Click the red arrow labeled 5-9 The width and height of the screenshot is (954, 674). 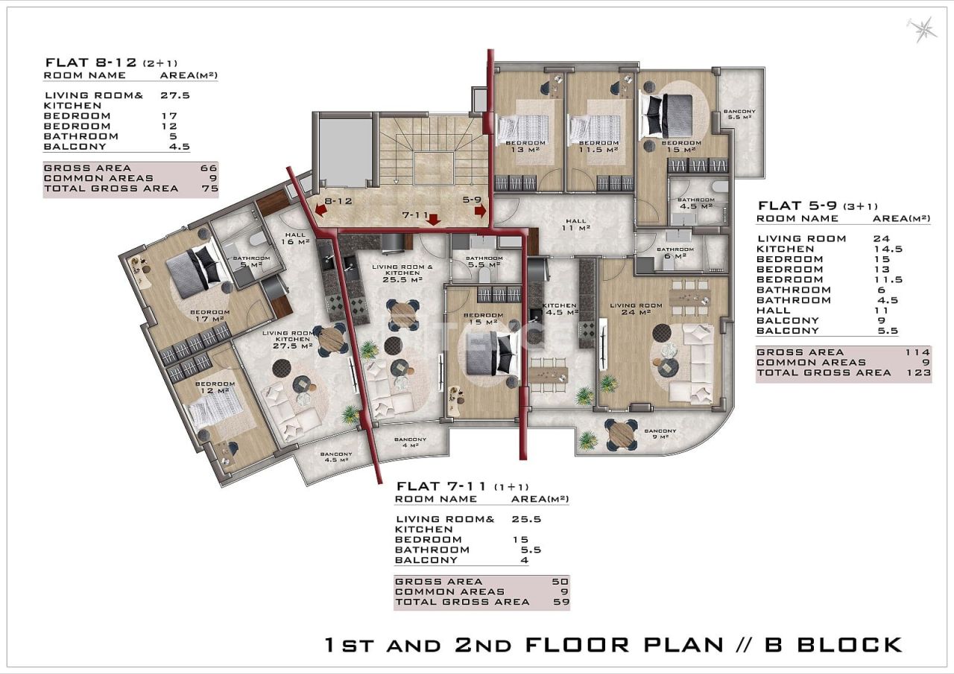[480, 211]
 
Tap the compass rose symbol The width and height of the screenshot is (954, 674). [923, 29]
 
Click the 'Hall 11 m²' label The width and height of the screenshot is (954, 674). [574, 225]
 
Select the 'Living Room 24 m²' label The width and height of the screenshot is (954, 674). [636, 309]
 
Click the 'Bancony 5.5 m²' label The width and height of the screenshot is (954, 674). [739, 115]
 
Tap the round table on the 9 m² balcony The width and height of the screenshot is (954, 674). [620, 434]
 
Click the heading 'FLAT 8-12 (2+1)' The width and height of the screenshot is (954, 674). [112, 63]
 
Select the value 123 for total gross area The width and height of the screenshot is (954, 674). [918, 372]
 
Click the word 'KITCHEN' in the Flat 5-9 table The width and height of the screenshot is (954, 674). [785, 249]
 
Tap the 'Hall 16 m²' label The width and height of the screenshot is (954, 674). [296, 238]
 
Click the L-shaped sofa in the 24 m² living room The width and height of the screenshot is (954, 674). [696, 363]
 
